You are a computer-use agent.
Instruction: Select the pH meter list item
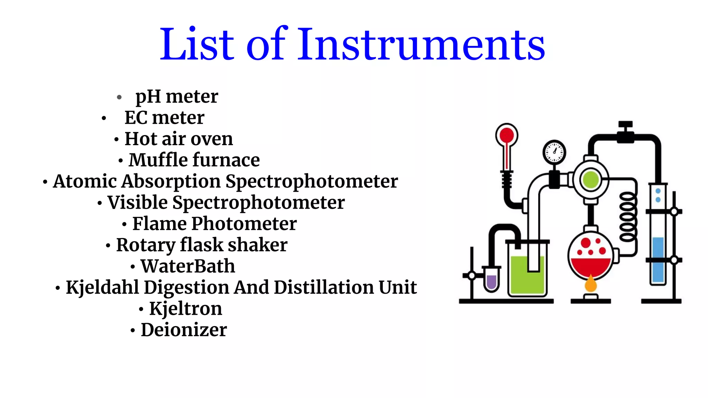[x=177, y=96]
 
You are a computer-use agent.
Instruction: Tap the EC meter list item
[x=164, y=118]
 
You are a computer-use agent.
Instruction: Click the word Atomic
[x=85, y=181]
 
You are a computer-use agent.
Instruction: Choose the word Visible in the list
[x=137, y=202]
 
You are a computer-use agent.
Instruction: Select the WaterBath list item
[x=188, y=266]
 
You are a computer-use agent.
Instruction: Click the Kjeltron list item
[x=185, y=309]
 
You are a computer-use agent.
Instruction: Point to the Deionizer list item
[x=184, y=330]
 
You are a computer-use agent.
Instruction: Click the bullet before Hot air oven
[x=117, y=140]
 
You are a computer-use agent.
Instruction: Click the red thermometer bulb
[x=506, y=135]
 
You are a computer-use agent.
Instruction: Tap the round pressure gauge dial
[x=554, y=152]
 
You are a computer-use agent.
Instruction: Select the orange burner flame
[x=590, y=284]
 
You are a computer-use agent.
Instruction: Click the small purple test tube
[x=491, y=281]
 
